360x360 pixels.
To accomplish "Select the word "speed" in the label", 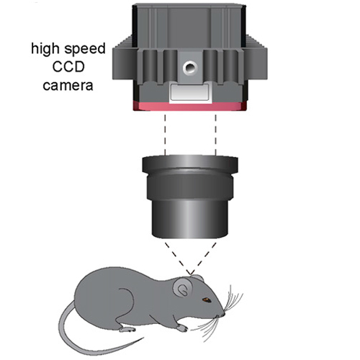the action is tap(85, 50).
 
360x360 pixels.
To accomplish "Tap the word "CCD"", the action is tap(68, 67).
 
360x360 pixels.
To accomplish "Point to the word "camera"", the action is tap(68, 86).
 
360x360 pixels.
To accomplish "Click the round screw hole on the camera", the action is tap(190, 67).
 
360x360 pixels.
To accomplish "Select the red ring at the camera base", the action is tap(190, 106).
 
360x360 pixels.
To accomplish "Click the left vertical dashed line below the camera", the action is tap(165, 135).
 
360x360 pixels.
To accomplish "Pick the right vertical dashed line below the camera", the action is tap(215, 135).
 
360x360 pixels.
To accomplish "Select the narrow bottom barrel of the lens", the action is tap(190, 218).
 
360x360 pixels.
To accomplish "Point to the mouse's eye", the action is tap(207, 300).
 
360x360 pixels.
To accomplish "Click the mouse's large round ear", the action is tap(183, 288).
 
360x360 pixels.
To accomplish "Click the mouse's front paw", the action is tap(182, 328).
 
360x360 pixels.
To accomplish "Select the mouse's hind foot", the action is tap(127, 329).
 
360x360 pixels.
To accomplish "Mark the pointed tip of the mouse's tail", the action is tap(143, 338).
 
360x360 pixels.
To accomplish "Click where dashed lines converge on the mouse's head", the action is tap(191, 274).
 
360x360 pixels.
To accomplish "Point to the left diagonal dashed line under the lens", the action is tap(178, 258).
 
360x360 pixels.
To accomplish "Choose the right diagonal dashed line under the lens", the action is tap(204, 258).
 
